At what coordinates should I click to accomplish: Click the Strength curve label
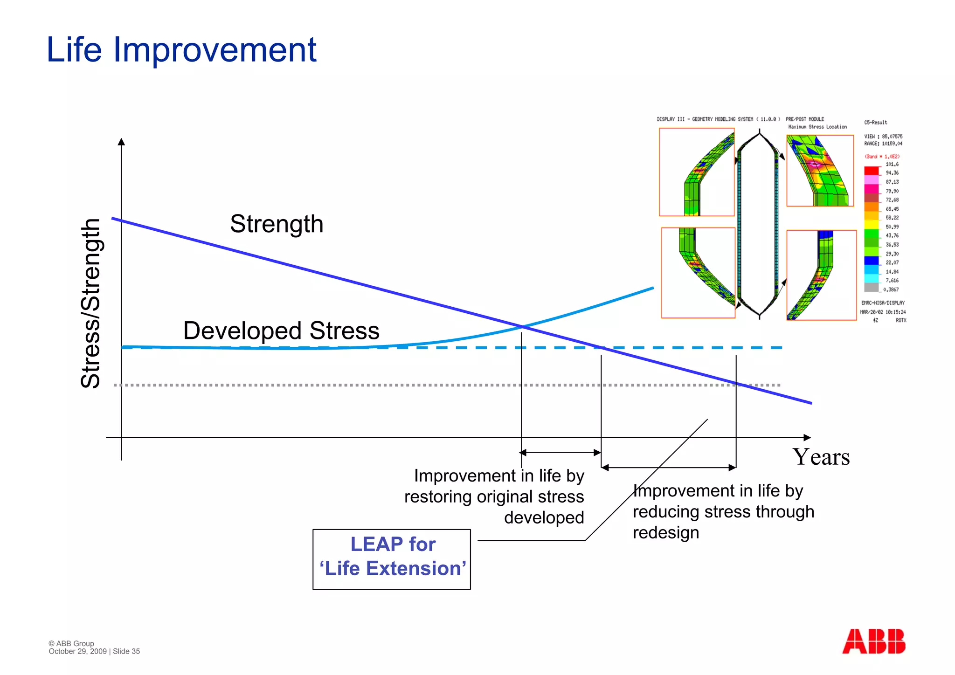[x=277, y=224]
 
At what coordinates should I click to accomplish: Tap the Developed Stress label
[x=281, y=331]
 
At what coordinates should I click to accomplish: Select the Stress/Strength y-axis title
[x=91, y=303]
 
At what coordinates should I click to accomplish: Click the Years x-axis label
[x=821, y=457]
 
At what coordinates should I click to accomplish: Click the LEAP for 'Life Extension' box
[x=392, y=559]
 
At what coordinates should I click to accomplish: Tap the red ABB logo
[x=873, y=641]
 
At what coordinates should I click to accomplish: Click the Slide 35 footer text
[x=126, y=651]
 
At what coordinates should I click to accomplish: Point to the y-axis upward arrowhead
[x=121, y=142]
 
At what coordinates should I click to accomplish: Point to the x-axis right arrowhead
[x=807, y=437]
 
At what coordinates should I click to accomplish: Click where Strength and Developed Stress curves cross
[x=522, y=327]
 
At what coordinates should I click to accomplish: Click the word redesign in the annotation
[x=665, y=533]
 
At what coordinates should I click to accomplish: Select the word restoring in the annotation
[x=437, y=497]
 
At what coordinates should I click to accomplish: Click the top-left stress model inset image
[x=697, y=172]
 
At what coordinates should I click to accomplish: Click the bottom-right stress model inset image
[x=821, y=275]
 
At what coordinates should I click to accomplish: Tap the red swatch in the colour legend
[x=871, y=171]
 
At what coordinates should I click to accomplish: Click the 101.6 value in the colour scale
[x=892, y=164]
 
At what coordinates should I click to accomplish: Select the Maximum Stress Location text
[x=817, y=127]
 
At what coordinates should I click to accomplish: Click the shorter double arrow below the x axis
[x=561, y=452]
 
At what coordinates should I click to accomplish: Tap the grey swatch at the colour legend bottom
[x=871, y=287]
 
